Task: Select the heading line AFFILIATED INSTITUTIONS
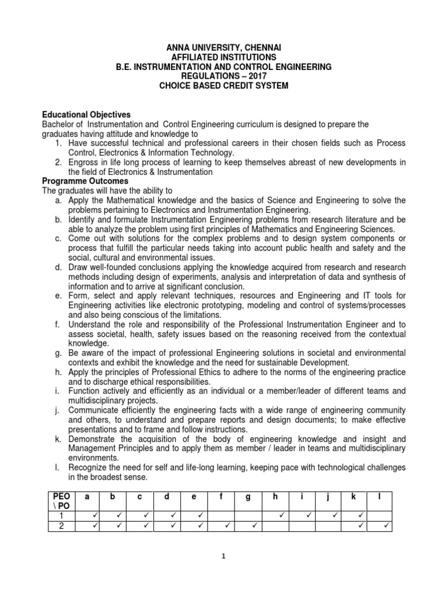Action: [x=224, y=57]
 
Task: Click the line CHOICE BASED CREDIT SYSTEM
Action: [x=224, y=86]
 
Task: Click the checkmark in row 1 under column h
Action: [x=281, y=515]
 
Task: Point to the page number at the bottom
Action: [x=223, y=556]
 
